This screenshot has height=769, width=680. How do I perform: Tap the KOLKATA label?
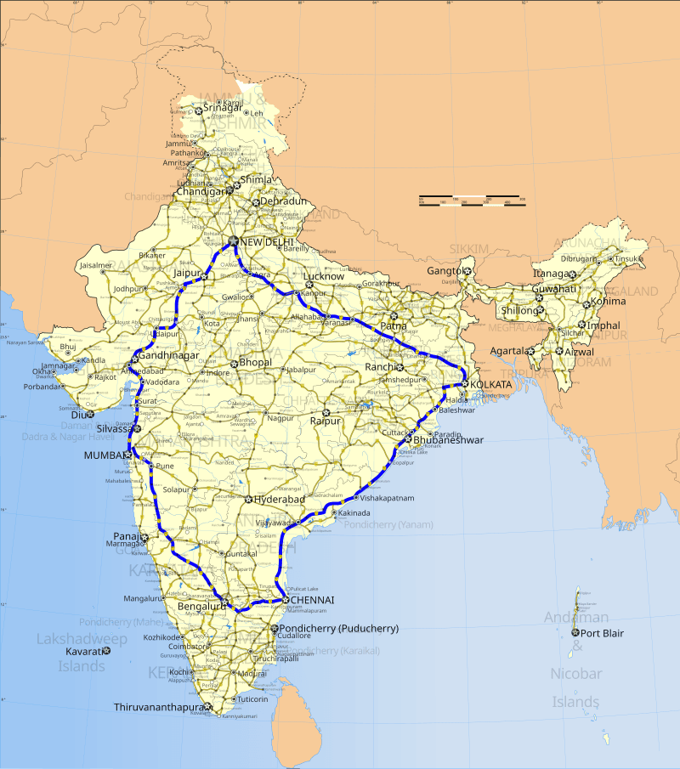[x=492, y=385]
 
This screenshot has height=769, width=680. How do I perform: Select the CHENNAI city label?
[x=312, y=600]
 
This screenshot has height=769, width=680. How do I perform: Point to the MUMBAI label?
[x=104, y=455]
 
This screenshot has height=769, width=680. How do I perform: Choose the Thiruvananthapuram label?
[x=161, y=707]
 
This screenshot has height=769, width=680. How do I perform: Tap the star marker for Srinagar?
[x=199, y=110]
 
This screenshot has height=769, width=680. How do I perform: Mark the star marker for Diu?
[x=91, y=415]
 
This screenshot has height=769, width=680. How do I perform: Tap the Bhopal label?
[x=255, y=362]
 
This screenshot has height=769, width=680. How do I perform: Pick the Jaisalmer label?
[x=95, y=265]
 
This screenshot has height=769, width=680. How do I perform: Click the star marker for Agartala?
[x=530, y=351]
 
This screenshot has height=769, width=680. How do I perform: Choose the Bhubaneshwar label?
[x=447, y=440]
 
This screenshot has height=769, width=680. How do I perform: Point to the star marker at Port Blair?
[x=575, y=633]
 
